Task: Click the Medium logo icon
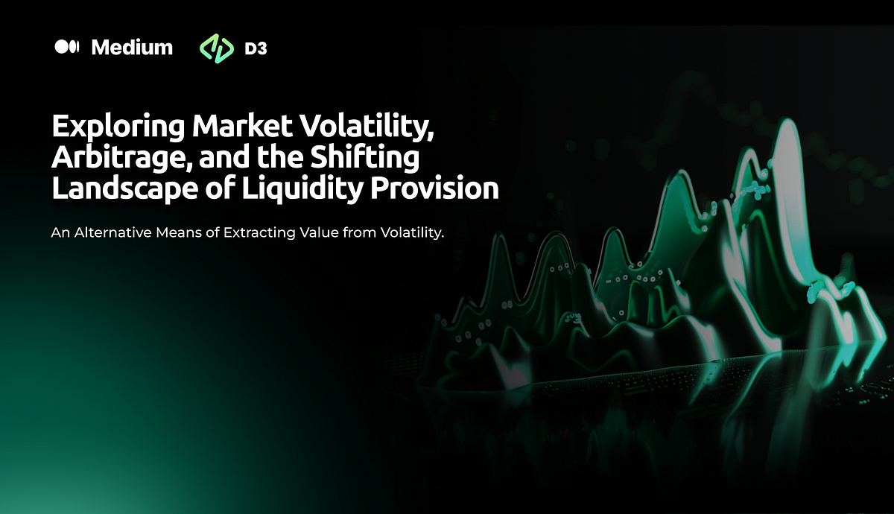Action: coord(66,48)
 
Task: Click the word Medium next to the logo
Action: coord(132,48)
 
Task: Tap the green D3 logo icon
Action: coord(215,48)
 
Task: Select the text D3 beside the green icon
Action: coord(256,48)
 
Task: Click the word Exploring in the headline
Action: coord(117,127)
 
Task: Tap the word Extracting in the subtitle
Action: coord(258,233)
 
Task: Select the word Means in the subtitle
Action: coord(174,233)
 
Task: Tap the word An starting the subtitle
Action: coord(60,233)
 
